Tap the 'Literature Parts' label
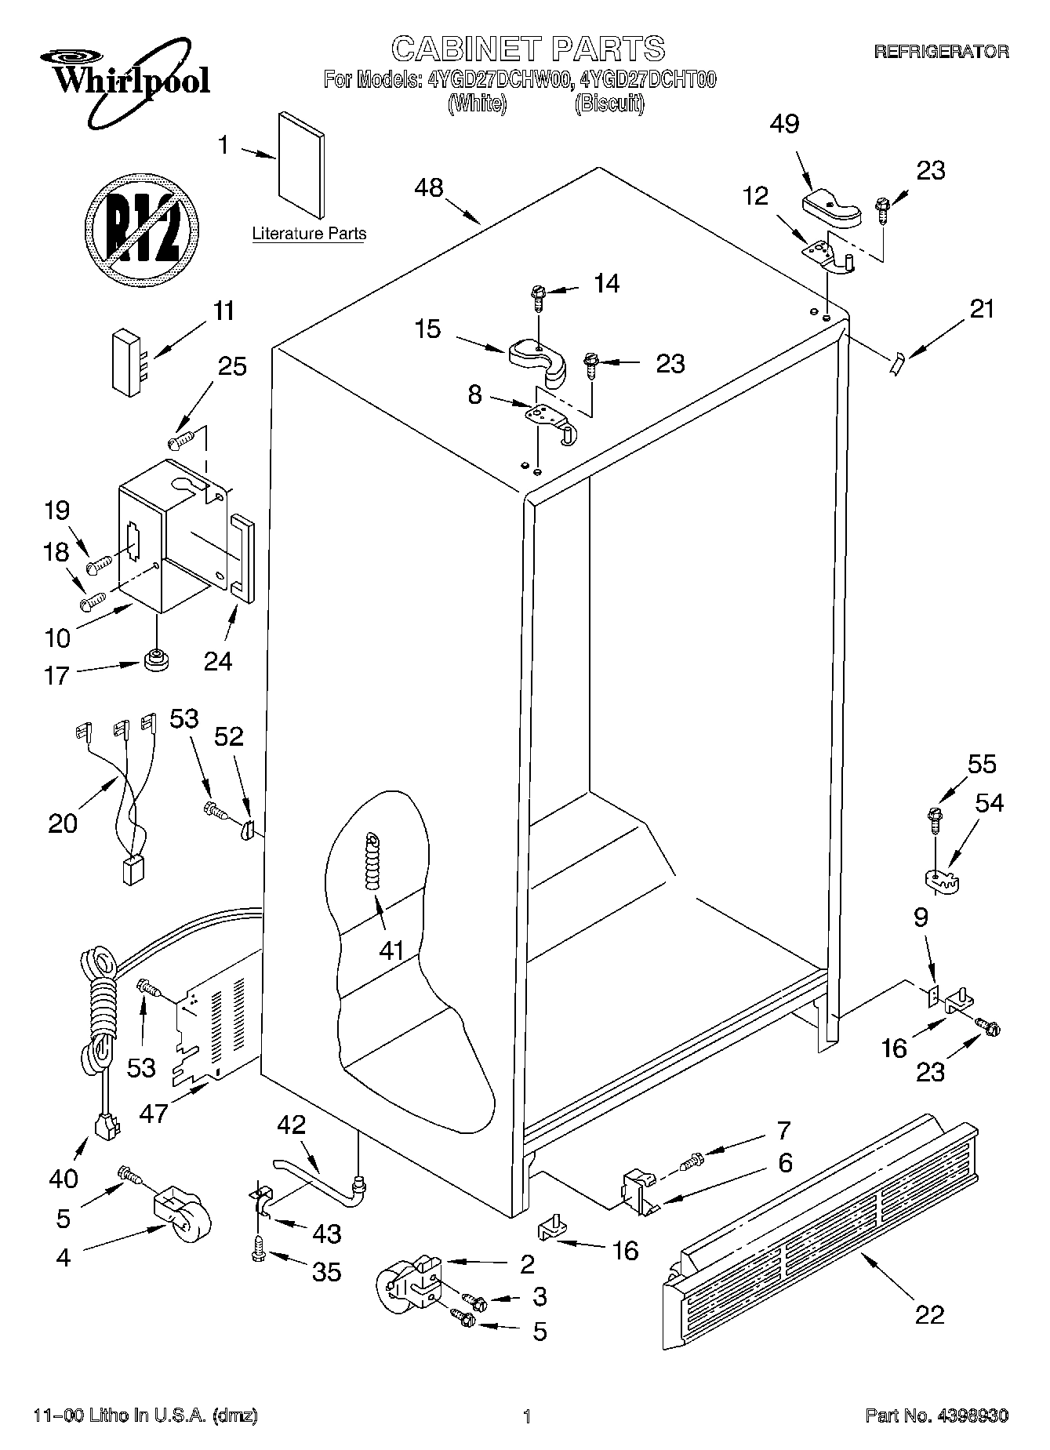(309, 234)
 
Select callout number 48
(429, 188)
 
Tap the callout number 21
(981, 310)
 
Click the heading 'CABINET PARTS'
(528, 49)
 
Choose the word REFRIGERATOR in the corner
(941, 52)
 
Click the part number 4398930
(969, 1415)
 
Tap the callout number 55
(982, 765)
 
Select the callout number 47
(154, 1112)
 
